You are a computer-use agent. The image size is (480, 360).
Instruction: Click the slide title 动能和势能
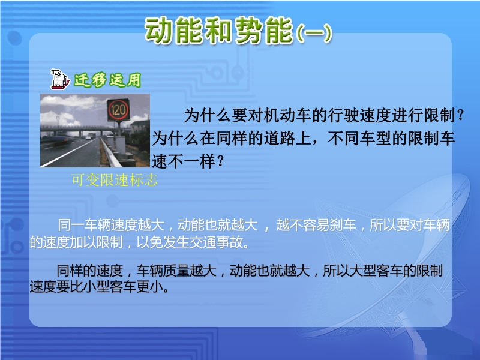219,30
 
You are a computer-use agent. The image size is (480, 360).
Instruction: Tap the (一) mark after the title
314,33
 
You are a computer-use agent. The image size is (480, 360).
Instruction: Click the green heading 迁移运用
107,80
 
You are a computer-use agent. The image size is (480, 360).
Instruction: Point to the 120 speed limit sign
118,110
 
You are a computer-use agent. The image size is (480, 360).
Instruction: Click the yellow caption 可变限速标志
115,179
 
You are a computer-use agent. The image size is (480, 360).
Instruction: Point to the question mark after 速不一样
220,161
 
